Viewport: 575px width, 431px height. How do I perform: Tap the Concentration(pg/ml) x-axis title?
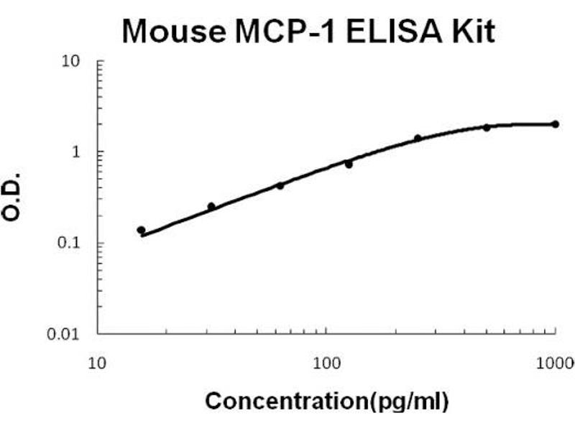pyautogui.click(x=327, y=400)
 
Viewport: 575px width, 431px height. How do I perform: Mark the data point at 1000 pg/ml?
pyautogui.click(x=555, y=124)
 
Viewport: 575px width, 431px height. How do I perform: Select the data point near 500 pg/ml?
pyautogui.click(x=487, y=127)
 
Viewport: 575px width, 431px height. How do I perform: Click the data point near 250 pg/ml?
pyautogui.click(x=418, y=138)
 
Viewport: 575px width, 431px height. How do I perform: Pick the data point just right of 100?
pyautogui.click(x=349, y=164)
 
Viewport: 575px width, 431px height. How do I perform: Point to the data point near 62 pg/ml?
pyautogui.click(x=280, y=185)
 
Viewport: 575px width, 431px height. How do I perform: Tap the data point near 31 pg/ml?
pyautogui.click(x=211, y=206)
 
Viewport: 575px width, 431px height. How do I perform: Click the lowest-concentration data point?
pyautogui.click(x=142, y=230)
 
